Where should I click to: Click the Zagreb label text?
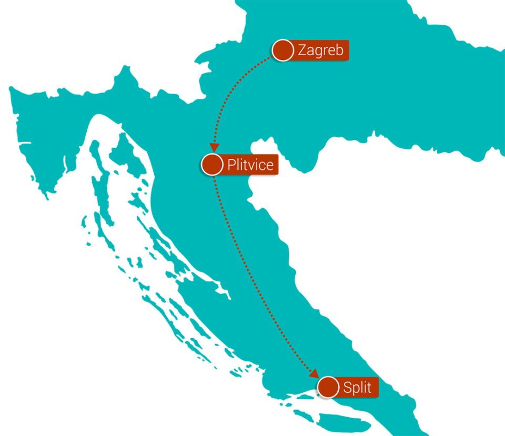point(320,50)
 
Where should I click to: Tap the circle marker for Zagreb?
point(283,50)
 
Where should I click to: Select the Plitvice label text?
point(250,165)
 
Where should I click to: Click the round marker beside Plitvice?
point(212,165)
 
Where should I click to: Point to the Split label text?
point(357,388)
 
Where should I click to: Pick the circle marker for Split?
point(329,387)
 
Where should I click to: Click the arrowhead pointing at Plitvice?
point(214,148)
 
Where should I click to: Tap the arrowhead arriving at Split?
point(314,373)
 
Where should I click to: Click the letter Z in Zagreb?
point(302,50)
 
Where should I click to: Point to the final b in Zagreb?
point(339,50)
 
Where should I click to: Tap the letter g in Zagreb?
point(317,52)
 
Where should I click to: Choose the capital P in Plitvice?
point(231,165)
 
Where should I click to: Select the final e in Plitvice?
point(269,166)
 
